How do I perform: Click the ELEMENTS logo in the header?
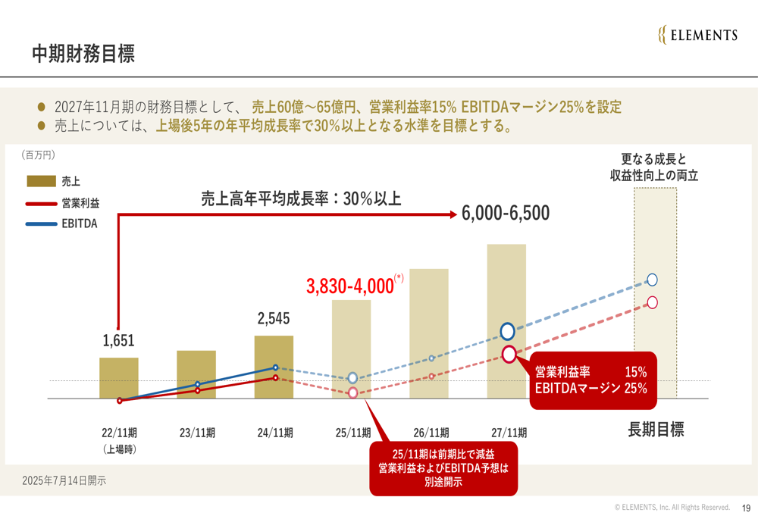click(697, 35)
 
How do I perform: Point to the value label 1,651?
click(118, 341)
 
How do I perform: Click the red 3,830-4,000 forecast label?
click(350, 286)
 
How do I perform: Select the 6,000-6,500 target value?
click(506, 214)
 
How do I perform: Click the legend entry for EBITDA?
click(80, 224)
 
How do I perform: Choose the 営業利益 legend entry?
click(80, 203)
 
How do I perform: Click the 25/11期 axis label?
click(353, 433)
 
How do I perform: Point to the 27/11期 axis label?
click(509, 433)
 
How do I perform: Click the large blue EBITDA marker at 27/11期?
click(508, 331)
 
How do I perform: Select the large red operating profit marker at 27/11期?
click(509, 353)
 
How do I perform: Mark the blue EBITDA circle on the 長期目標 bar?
click(652, 280)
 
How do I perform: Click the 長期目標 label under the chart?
click(656, 430)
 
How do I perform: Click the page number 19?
click(746, 508)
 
